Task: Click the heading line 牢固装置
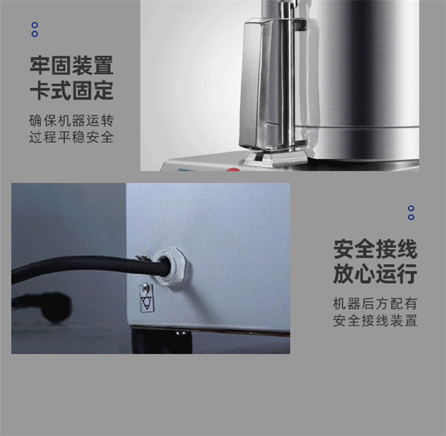click(72, 65)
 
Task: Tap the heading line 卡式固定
click(72, 90)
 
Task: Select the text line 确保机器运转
click(71, 121)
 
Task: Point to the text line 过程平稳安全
click(71, 137)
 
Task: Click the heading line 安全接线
click(375, 249)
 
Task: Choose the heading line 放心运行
click(375, 274)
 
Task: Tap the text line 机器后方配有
click(375, 304)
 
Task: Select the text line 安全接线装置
click(375, 321)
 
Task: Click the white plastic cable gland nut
click(171, 266)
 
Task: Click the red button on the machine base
click(233, 170)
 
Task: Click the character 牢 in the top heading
click(40, 65)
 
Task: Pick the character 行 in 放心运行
click(407, 274)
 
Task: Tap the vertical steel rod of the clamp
click(287, 77)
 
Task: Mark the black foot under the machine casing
click(162, 341)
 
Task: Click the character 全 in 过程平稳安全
click(107, 137)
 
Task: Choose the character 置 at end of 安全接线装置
click(411, 321)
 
